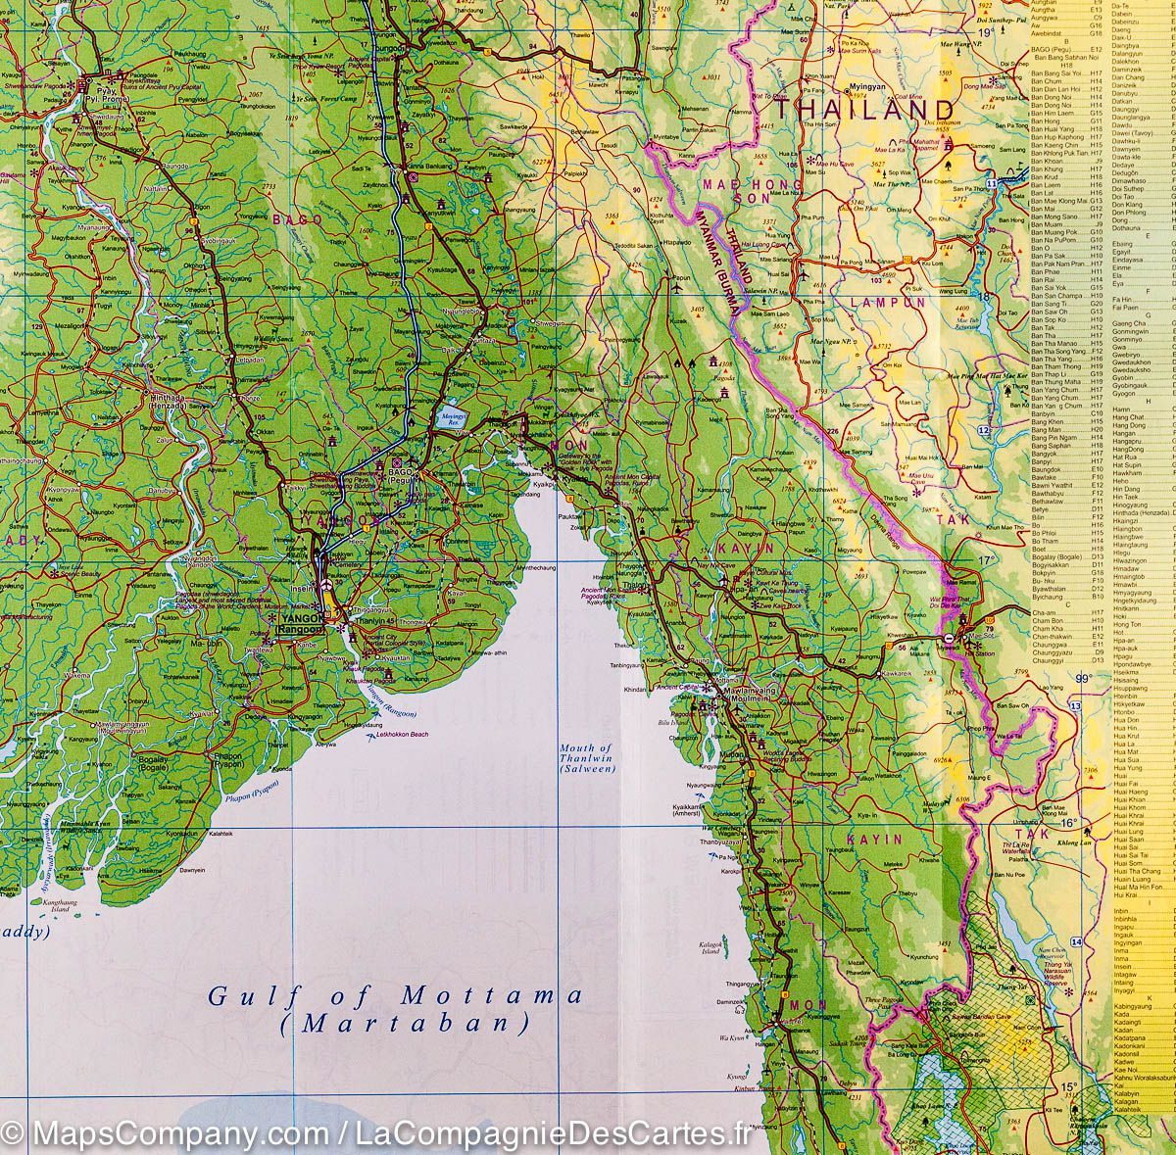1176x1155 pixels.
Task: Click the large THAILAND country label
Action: click(875, 110)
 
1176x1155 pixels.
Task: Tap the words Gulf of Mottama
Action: click(395, 996)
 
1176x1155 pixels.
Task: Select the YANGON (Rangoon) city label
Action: click(300, 625)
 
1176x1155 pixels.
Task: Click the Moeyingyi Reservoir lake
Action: click(452, 416)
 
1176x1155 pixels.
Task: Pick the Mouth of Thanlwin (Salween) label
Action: click(586, 758)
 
